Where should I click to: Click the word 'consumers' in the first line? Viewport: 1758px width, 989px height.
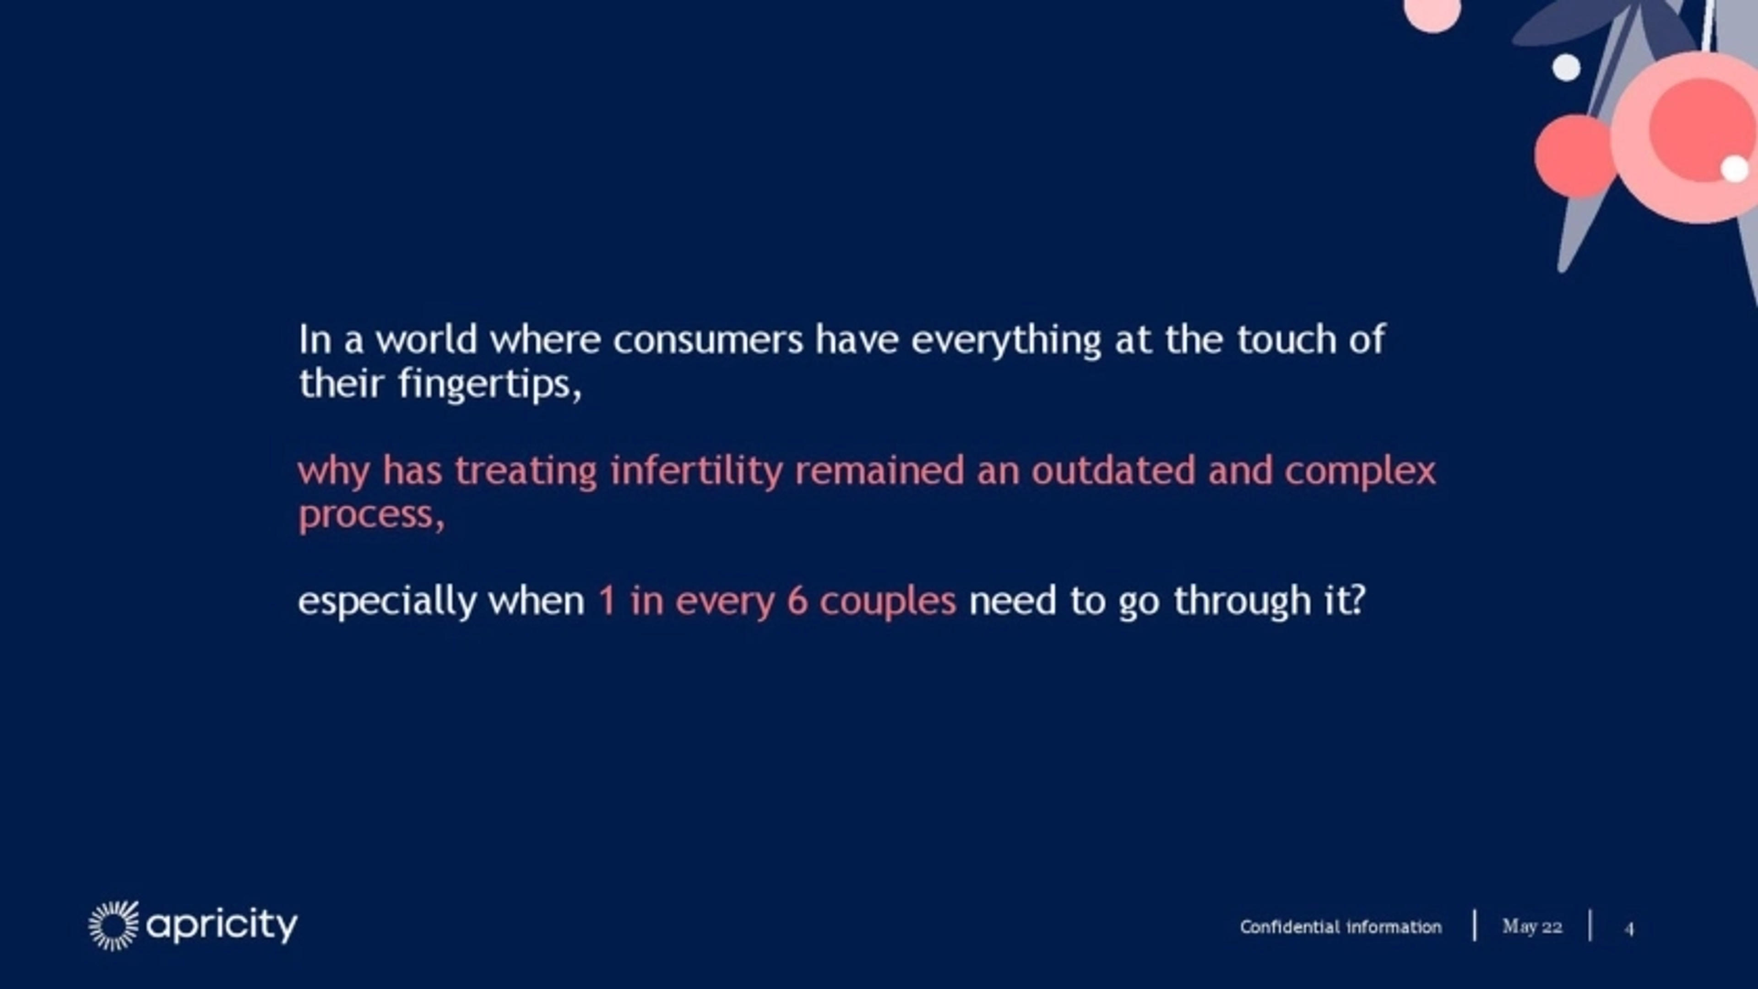tap(708, 340)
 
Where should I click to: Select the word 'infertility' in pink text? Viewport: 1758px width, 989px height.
tap(696, 471)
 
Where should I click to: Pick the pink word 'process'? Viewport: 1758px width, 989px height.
tap(369, 516)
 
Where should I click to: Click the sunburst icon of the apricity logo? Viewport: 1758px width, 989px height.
tap(113, 925)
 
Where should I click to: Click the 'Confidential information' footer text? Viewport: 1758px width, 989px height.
tap(1340, 927)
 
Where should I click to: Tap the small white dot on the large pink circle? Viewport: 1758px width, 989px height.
tap(1734, 168)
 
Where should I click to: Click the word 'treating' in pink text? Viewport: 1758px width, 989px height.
tap(526, 471)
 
